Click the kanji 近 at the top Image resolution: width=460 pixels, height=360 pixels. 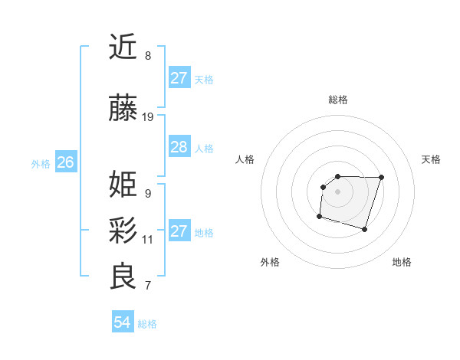click(x=123, y=47)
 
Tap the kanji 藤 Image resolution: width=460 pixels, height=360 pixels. click(x=123, y=111)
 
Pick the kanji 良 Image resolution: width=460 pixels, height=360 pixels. click(x=123, y=277)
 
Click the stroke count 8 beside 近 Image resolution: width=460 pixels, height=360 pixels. click(x=148, y=56)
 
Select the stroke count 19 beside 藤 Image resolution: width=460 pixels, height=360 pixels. click(x=148, y=117)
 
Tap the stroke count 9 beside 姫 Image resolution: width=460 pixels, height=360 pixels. click(x=148, y=193)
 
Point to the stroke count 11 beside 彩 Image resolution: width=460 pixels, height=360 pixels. click(x=148, y=239)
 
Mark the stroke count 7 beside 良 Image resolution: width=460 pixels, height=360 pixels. click(x=148, y=286)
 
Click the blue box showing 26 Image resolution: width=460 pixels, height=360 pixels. click(x=65, y=162)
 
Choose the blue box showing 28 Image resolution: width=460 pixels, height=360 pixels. click(x=179, y=147)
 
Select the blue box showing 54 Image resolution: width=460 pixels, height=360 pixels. click(x=122, y=322)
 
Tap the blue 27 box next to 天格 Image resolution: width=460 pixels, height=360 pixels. click(x=179, y=78)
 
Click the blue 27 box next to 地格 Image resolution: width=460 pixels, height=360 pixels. click(x=179, y=231)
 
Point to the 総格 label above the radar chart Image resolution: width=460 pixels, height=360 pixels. click(x=337, y=100)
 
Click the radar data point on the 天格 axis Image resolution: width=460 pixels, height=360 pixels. click(x=382, y=177)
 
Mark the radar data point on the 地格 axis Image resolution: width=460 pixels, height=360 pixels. click(x=365, y=230)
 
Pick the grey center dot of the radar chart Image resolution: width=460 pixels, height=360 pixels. click(x=337, y=191)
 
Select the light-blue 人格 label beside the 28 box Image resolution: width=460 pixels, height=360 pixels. click(x=204, y=148)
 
